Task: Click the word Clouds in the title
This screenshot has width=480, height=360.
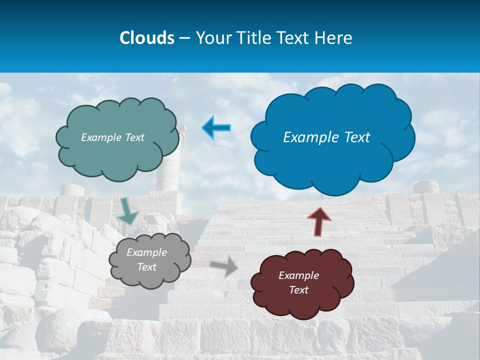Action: (x=146, y=37)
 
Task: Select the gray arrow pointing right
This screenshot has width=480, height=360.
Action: (x=225, y=266)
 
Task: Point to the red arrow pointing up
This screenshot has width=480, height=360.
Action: (x=319, y=220)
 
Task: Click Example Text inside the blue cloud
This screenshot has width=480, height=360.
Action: (x=326, y=137)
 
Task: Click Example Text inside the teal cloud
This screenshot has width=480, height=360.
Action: (x=112, y=137)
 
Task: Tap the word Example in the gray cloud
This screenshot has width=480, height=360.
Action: (x=146, y=253)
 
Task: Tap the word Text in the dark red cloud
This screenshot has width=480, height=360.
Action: (x=298, y=290)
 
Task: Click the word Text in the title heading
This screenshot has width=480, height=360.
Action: (x=295, y=37)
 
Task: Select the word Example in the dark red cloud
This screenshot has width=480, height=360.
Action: (x=298, y=275)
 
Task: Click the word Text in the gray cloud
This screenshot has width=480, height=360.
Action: (x=146, y=267)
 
